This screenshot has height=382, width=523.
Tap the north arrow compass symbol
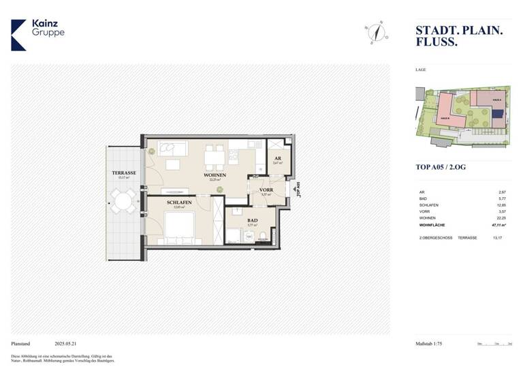(x=375, y=32)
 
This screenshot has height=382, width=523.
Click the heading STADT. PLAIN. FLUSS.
(x=460, y=35)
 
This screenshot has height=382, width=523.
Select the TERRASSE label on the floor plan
(x=124, y=173)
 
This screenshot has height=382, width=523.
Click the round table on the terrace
(x=124, y=201)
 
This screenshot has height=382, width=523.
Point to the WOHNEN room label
(x=215, y=176)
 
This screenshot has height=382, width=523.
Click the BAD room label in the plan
(x=253, y=220)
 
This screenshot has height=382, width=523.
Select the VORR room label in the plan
(x=266, y=190)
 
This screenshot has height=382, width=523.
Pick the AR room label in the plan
(x=276, y=158)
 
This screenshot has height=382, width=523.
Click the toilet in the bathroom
(x=264, y=237)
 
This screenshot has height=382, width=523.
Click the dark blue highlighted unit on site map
(x=498, y=114)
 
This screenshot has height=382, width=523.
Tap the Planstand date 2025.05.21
(x=69, y=344)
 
